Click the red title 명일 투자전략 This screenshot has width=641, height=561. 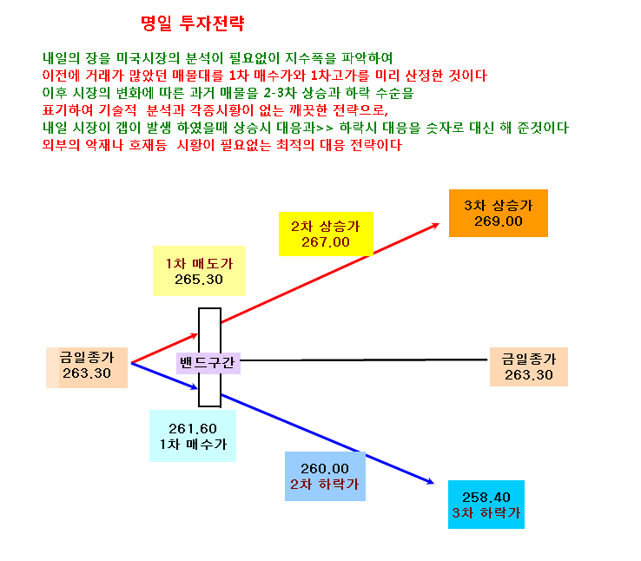click(x=193, y=23)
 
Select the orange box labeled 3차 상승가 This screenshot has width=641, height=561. click(x=499, y=213)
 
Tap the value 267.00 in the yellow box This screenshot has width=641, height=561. click(x=326, y=242)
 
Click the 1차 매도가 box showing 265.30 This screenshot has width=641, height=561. click(x=199, y=271)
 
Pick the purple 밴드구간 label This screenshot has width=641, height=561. click(x=208, y=363)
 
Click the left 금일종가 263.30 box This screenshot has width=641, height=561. click(x=87, y=367)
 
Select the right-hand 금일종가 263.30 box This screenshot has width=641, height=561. click(x=529, y=367)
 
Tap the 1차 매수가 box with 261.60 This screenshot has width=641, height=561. click(x=193, y=436)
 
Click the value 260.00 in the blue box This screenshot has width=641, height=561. click(x=325, y=469)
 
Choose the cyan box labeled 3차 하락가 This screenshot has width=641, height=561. click(x=486, y=505)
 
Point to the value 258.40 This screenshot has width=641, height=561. click(x=486, y=498)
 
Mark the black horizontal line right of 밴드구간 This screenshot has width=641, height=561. click(x=364, y=360)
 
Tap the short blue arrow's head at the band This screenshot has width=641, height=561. click(x=195, y=387)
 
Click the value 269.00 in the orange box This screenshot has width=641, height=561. click(x=499, y=221)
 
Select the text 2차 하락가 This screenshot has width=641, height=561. click(x=325, y=485)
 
